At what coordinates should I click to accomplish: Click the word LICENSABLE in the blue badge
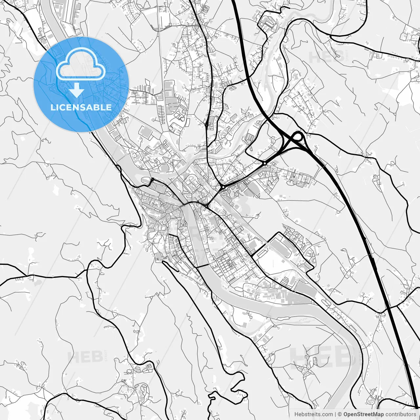[81, 107]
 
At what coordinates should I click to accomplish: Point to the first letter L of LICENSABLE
[52, 107]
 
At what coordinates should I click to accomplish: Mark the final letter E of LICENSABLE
[109, 107]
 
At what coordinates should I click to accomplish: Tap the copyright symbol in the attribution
[340, 414]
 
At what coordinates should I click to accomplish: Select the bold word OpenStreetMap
[364, 414]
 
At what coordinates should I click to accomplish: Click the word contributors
[401, 414]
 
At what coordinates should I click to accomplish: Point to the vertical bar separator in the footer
[335, 414]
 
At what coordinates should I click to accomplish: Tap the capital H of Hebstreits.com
[296, 414]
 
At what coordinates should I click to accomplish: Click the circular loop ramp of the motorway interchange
[298, 136]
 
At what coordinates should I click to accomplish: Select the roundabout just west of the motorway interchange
[264, 163]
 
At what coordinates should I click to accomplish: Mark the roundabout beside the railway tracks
[223, 187]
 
